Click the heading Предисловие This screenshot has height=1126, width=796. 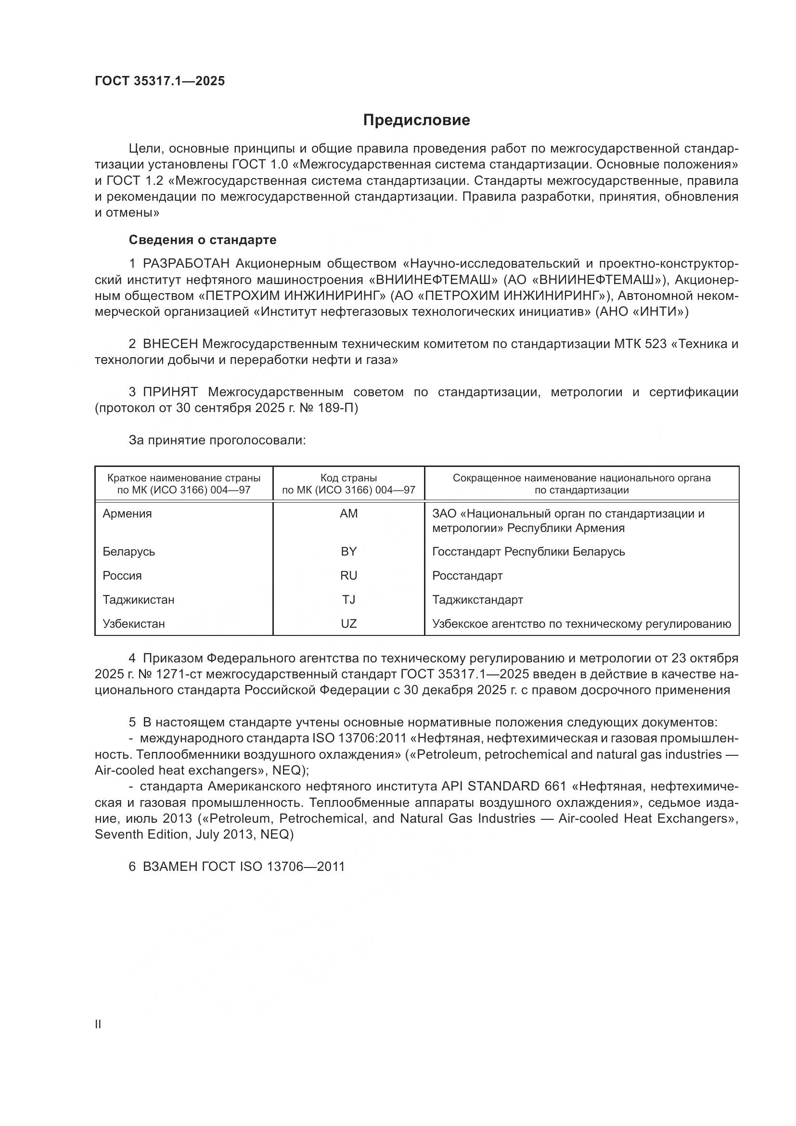click(x=416, y=120)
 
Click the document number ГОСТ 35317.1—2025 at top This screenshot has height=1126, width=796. click(x=160, y=81)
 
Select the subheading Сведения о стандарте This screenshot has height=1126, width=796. click(x=203, y=240)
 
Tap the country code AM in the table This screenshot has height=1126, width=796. click(x=348, y=514)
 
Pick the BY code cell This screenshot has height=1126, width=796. click(x=348, y=551)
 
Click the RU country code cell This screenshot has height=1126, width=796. click(x=348, y=575)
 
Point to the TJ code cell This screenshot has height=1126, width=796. click(x=348, y=599)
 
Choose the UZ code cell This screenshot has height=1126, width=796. click(x=348, y=623)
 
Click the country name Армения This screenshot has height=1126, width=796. click(x=128, y=514)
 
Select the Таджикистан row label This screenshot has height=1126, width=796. click(x=139, y=599)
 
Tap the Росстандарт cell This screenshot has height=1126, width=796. click(x=467, y=575)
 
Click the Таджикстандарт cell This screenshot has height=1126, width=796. click(x=477, y=599)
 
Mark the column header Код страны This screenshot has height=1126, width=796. click(x=348, y=478)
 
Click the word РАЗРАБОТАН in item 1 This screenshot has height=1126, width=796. click(x=186, y=264)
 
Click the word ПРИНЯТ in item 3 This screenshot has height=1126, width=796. click(x=170, y=392)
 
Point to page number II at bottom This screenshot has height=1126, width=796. click(x=98, y=1024)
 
